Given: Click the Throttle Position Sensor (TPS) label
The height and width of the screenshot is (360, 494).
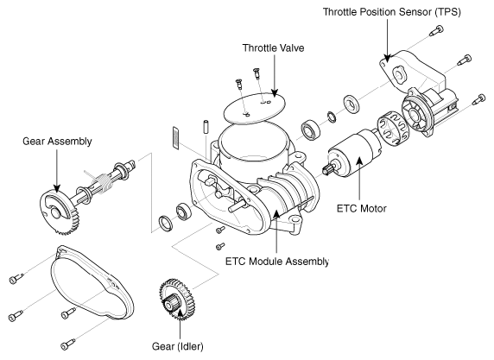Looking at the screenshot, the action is [x=391, y=12].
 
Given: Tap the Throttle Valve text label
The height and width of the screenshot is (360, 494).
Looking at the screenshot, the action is [x=273, y=47].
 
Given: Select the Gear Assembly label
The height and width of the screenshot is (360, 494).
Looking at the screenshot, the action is [x=57, y=141].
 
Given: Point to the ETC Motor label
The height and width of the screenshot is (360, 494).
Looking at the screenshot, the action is [x=361, y=209].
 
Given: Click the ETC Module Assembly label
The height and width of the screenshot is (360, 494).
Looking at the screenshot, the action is [x=277, y=262].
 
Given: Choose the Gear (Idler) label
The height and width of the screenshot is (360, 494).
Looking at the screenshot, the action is [x=178, y=346].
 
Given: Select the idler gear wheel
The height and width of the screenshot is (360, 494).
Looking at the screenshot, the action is [x=177, y=300].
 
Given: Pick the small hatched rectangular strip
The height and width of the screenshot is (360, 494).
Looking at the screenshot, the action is [x=175, y=138].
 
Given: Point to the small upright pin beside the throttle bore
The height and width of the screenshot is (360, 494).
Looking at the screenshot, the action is [x=206, y=127].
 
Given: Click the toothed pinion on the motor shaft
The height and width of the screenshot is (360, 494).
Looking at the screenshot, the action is [x=327, y=168].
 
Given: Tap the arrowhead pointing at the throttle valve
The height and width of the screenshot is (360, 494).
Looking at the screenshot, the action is [x=275, y=92].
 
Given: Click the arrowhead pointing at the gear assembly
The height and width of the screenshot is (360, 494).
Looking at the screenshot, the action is [x=57, y=188].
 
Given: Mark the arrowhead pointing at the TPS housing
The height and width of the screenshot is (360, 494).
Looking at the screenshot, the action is [x=387, y=58].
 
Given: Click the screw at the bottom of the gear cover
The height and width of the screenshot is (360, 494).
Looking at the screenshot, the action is [x=68, y=344].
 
